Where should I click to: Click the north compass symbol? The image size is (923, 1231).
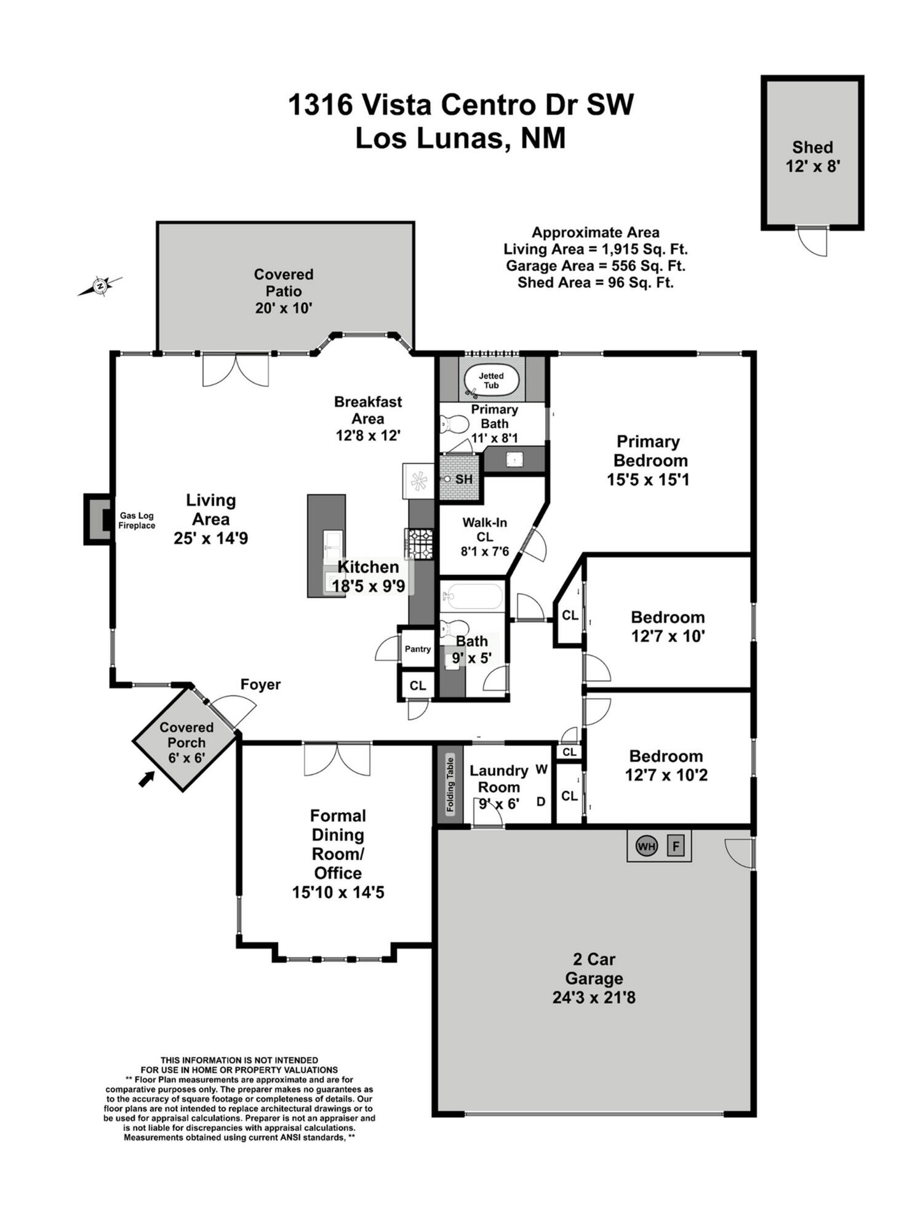point(100,286)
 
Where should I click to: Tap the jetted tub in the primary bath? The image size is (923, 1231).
point(490,380)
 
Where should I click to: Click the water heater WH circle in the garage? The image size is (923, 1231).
point(646,846)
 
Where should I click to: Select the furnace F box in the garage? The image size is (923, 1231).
point(676,846)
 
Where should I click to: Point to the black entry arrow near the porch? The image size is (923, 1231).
point(146,779)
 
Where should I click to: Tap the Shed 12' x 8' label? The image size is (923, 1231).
point(812,156)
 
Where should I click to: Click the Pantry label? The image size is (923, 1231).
point(418,649)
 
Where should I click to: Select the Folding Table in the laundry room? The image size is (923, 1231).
point(450,785)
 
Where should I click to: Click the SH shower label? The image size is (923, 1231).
point(464,479)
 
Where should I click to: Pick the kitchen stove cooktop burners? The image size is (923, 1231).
point(420,543)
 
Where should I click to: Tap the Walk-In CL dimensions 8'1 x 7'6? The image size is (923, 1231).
point(485,551)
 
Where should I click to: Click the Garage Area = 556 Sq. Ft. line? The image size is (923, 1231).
point(595,266)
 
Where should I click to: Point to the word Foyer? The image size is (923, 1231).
point(260,684)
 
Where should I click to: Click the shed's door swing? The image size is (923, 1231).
point(812,242)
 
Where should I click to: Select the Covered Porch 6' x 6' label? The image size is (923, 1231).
point(186,742)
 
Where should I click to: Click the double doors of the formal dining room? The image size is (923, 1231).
point(337,760)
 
